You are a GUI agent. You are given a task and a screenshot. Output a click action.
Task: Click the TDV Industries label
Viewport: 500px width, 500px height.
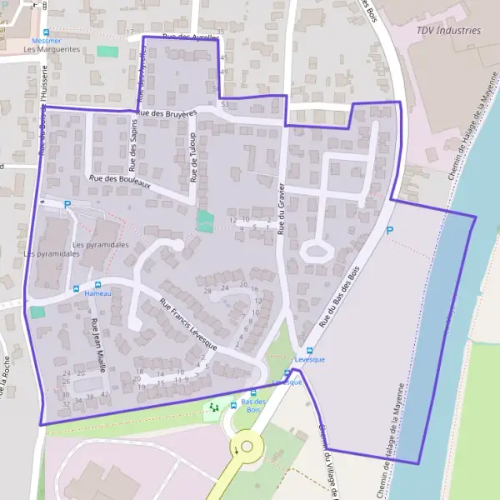[449, 30]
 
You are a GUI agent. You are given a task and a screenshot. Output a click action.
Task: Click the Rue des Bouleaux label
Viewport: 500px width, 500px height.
[119, 180]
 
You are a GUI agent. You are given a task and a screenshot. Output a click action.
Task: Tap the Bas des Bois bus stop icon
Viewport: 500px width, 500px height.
[254, 392]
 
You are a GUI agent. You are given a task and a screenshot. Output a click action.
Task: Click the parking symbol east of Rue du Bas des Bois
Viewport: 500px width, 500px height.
[389, 230]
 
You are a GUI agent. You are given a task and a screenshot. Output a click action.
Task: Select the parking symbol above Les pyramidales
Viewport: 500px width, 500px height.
[67, 204]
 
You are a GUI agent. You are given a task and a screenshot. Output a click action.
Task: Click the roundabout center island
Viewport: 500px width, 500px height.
[247, 447]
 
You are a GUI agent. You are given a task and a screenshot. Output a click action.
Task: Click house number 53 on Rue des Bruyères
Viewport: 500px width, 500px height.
[225, 104]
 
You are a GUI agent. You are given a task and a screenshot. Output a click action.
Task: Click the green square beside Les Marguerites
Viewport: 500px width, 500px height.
[107, 52]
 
